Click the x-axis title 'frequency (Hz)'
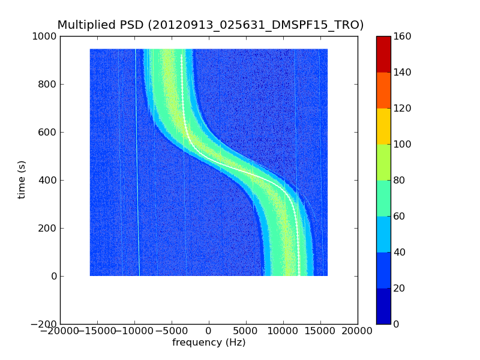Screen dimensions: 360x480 pyautogui.click(x=209, y=343)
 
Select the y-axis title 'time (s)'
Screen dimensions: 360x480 pyautogui.click(x=22, y=179)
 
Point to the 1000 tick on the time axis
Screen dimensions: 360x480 pyautogui.click(x=46, y=37)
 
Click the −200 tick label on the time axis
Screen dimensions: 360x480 pyautogui.click(x=43, y=324)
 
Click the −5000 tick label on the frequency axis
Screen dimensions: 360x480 pyautogui.click(x=172, y=331)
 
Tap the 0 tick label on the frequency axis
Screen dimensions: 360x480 pyautogui.click(x=209, y=331)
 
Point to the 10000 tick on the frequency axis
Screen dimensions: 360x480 pyautogui.click(x=283, y=331)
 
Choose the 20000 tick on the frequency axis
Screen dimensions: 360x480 pyautogui.click(x=358, y=331)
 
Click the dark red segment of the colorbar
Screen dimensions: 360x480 pyautogui.click(x=383, y=54)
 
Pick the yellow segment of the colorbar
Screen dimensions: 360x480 pyautogui.click(x=383, y=126)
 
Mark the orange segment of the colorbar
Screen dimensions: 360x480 pyautogui.click(x=383, y=90)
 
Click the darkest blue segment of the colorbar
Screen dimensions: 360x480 pyautogui.click(x=383, y=306)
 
